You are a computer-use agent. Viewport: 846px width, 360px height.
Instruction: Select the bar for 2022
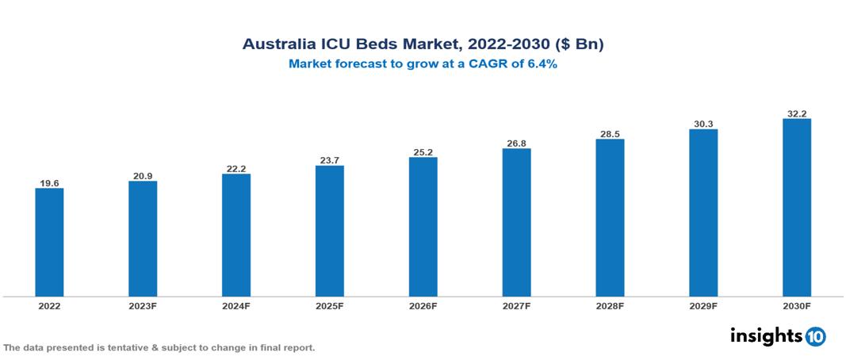click(x=49, y=242)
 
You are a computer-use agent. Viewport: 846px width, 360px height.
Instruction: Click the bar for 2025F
click(x=329, y=231)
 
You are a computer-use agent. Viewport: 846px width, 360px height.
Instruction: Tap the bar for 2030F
click(x=796, y=208)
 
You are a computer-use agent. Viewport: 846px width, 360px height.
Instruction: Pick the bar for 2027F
click(x=516, y=222)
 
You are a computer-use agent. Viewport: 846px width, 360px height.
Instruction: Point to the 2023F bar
click(x=143, y=239)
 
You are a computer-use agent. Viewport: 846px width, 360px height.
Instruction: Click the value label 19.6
click(x=49, y=183)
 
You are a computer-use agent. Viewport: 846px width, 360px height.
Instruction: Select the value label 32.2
click(x=796, y=113)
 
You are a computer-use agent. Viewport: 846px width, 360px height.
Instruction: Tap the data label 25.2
click(x=423, y=151)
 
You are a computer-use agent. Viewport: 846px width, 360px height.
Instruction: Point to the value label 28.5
click(x=610, y=134)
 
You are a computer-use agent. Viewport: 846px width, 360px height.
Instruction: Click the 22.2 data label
click(x=236, y=168)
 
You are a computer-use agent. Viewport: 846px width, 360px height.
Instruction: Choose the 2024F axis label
click(x=236, y=306)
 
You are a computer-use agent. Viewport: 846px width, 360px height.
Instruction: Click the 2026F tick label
click(x=423, y=306)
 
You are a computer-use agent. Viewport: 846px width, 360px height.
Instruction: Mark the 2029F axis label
click(x=703, y=306)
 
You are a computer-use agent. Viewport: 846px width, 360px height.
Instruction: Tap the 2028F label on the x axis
click(x=610, y=306)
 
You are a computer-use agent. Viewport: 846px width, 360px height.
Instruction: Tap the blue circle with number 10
click(x=816, y=337)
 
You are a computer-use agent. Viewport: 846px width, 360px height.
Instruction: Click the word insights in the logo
click(x=766, y=336)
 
